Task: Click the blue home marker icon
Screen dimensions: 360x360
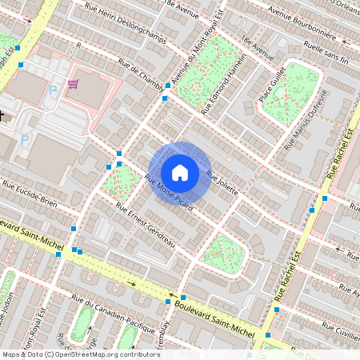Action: coord(180,172)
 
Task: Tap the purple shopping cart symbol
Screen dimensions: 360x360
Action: coord(73,83)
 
